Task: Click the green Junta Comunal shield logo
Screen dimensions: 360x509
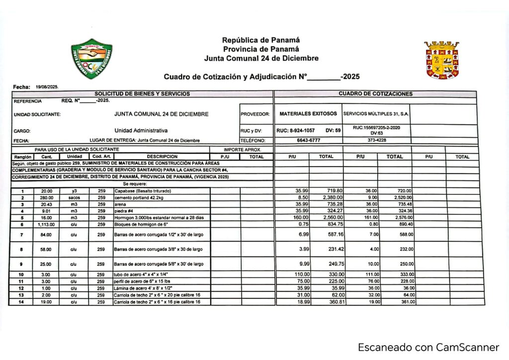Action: (91, 59)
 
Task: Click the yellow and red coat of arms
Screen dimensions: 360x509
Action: (441, 60)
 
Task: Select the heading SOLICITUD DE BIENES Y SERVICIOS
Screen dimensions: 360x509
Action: (142, 94)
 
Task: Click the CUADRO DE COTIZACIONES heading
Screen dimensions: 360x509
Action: (375, 94)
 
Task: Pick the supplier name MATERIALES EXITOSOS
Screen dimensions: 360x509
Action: (308, 114)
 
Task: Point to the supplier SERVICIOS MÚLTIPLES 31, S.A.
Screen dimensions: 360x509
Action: (376, 114)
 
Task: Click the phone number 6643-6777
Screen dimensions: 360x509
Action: (308, 140)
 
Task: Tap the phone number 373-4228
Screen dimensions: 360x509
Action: (376, 140)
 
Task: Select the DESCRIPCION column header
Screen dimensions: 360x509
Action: (162, 157)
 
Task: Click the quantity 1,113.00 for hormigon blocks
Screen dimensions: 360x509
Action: (46, 224)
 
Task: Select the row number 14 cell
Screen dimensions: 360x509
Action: (21, 302)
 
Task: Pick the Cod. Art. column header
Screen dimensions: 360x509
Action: (101, 157)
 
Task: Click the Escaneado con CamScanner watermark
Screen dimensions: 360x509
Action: (428, 347)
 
